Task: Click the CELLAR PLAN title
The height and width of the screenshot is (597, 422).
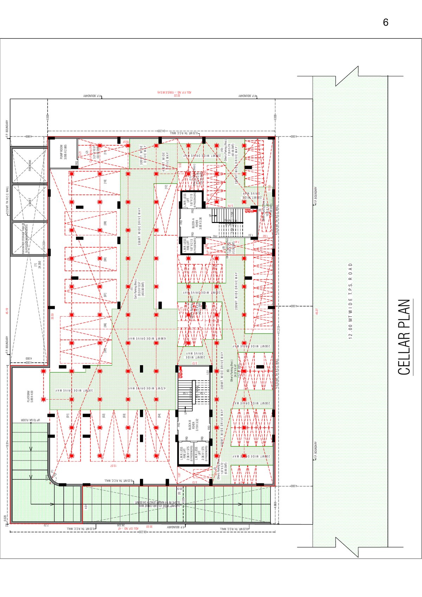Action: coord(404,337)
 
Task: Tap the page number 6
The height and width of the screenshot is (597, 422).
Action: coord(385,23)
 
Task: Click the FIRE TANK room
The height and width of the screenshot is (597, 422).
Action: coord(30,165)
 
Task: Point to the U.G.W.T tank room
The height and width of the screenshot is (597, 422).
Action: coord(30,202)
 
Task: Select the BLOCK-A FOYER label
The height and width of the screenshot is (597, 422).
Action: coord(196,223)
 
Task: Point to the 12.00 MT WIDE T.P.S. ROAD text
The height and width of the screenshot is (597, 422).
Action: coord(350,301)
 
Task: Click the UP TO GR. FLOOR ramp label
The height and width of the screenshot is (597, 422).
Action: coord(30,420)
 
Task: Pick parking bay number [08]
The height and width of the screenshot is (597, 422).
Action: coord(105,259)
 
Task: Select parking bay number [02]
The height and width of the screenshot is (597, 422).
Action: coord(103,415)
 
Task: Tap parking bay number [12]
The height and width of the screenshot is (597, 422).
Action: coord(166,187)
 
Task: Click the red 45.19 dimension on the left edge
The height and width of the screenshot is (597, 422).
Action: coord(7,311)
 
